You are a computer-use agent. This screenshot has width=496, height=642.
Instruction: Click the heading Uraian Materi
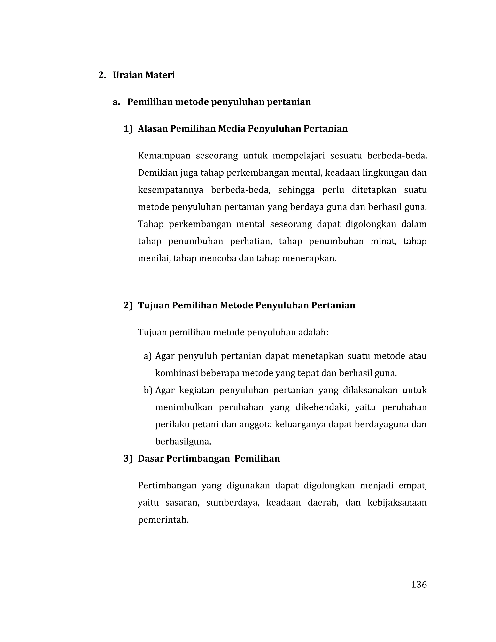(x=144, y=75)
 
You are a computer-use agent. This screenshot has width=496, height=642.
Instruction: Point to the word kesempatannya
(x=170, y=190)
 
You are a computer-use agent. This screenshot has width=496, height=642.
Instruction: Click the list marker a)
(x=147, y=356)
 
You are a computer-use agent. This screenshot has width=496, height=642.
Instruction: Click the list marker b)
(x=148, y=390)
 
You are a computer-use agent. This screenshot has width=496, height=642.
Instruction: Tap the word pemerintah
(x=163, y=520)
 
